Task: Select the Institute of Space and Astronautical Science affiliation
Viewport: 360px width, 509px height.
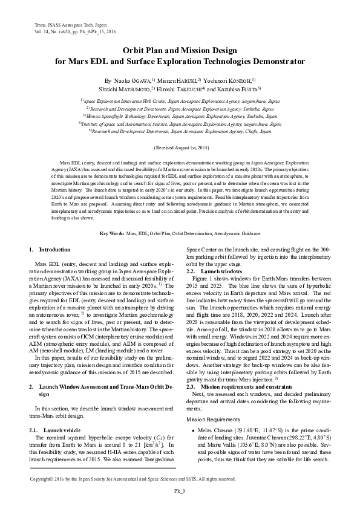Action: (x=180, y=123)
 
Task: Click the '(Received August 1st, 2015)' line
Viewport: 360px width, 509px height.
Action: (x=180, y=148)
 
